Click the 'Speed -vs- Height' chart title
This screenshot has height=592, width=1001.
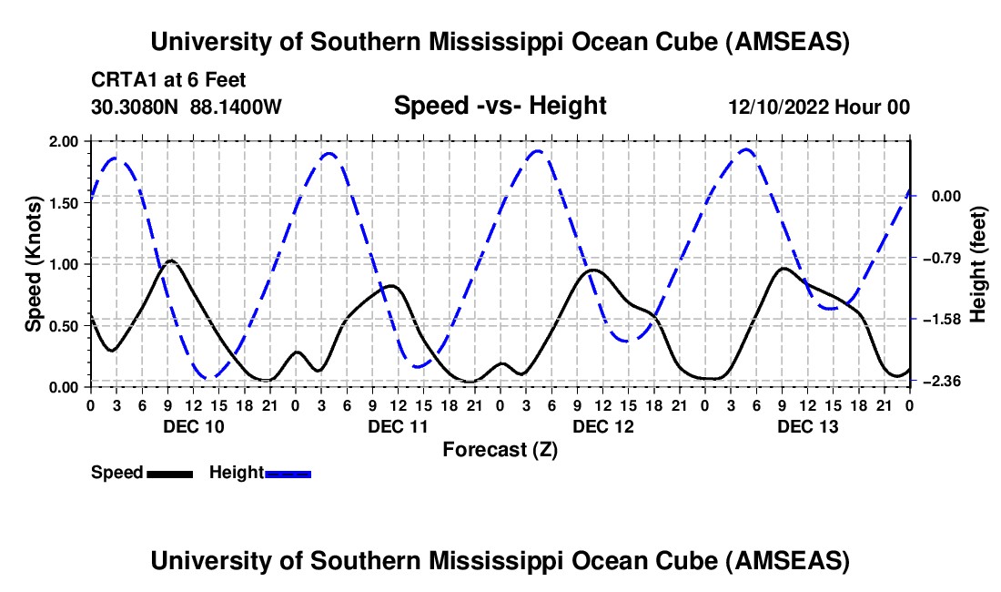point(500,107)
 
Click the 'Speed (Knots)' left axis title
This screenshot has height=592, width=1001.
point(34,264)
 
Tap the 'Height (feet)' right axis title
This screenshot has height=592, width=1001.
point(978,264)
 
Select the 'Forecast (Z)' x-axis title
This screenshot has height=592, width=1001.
point(500,449)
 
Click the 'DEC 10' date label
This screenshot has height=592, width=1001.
point(193,426)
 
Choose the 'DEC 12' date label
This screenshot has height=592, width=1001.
point(602,426)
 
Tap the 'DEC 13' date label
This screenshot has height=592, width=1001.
point(807,426)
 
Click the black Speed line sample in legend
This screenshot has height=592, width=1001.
point(169,473)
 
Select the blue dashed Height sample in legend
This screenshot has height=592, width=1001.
point(288,473)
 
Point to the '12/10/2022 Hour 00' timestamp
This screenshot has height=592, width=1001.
point(819,107)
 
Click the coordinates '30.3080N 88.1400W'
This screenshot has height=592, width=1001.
point(187,107)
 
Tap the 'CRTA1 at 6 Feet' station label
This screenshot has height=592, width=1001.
point(168,81)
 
